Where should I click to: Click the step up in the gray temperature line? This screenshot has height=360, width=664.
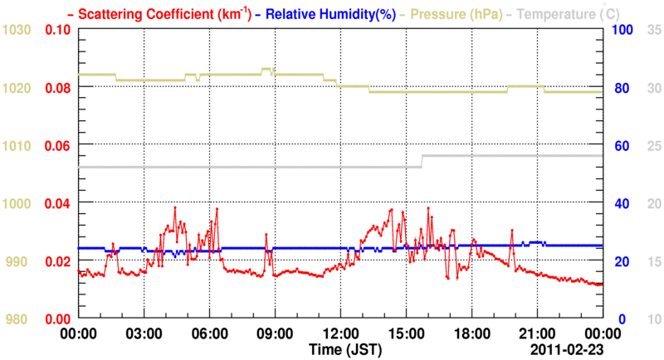pos(422,161)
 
